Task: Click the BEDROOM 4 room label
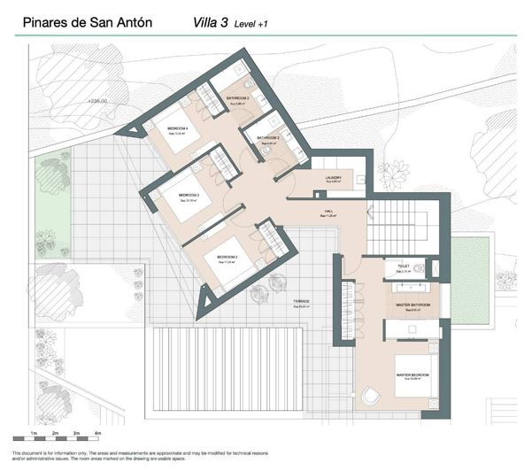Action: click(178, 129)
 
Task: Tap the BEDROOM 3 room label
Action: click(189, 195)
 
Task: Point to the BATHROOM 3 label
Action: click(238, 97)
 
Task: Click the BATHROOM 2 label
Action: click(268, 139)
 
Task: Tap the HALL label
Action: click(328, 212)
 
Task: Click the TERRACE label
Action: click(302, 302)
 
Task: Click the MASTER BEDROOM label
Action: click(412, 375)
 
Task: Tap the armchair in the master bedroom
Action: click(371, 396)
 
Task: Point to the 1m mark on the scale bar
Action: click(33, 433)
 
